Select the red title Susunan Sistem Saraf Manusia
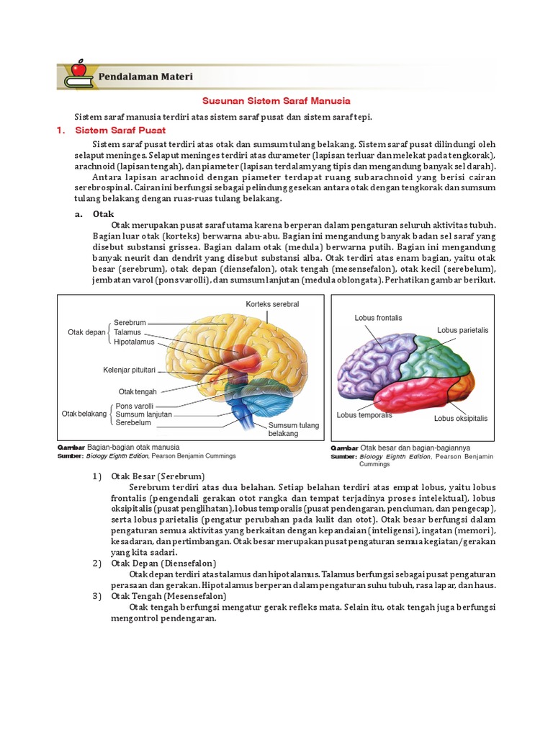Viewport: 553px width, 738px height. [276, 102]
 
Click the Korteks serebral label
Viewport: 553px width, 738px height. [272, 304]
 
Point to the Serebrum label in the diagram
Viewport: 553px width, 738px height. [130, 323]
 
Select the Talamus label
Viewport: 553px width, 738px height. [127, 332]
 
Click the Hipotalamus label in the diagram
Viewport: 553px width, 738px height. [134, 342]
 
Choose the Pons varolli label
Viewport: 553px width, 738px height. [135, 406]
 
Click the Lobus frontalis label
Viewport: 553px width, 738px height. [378, 317]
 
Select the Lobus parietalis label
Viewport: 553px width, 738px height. [462, 330]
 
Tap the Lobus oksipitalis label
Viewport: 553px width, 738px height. [461, 418]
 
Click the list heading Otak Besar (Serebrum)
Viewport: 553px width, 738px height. [158, 476]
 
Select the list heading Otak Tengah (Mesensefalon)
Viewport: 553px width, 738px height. [168, 597]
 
